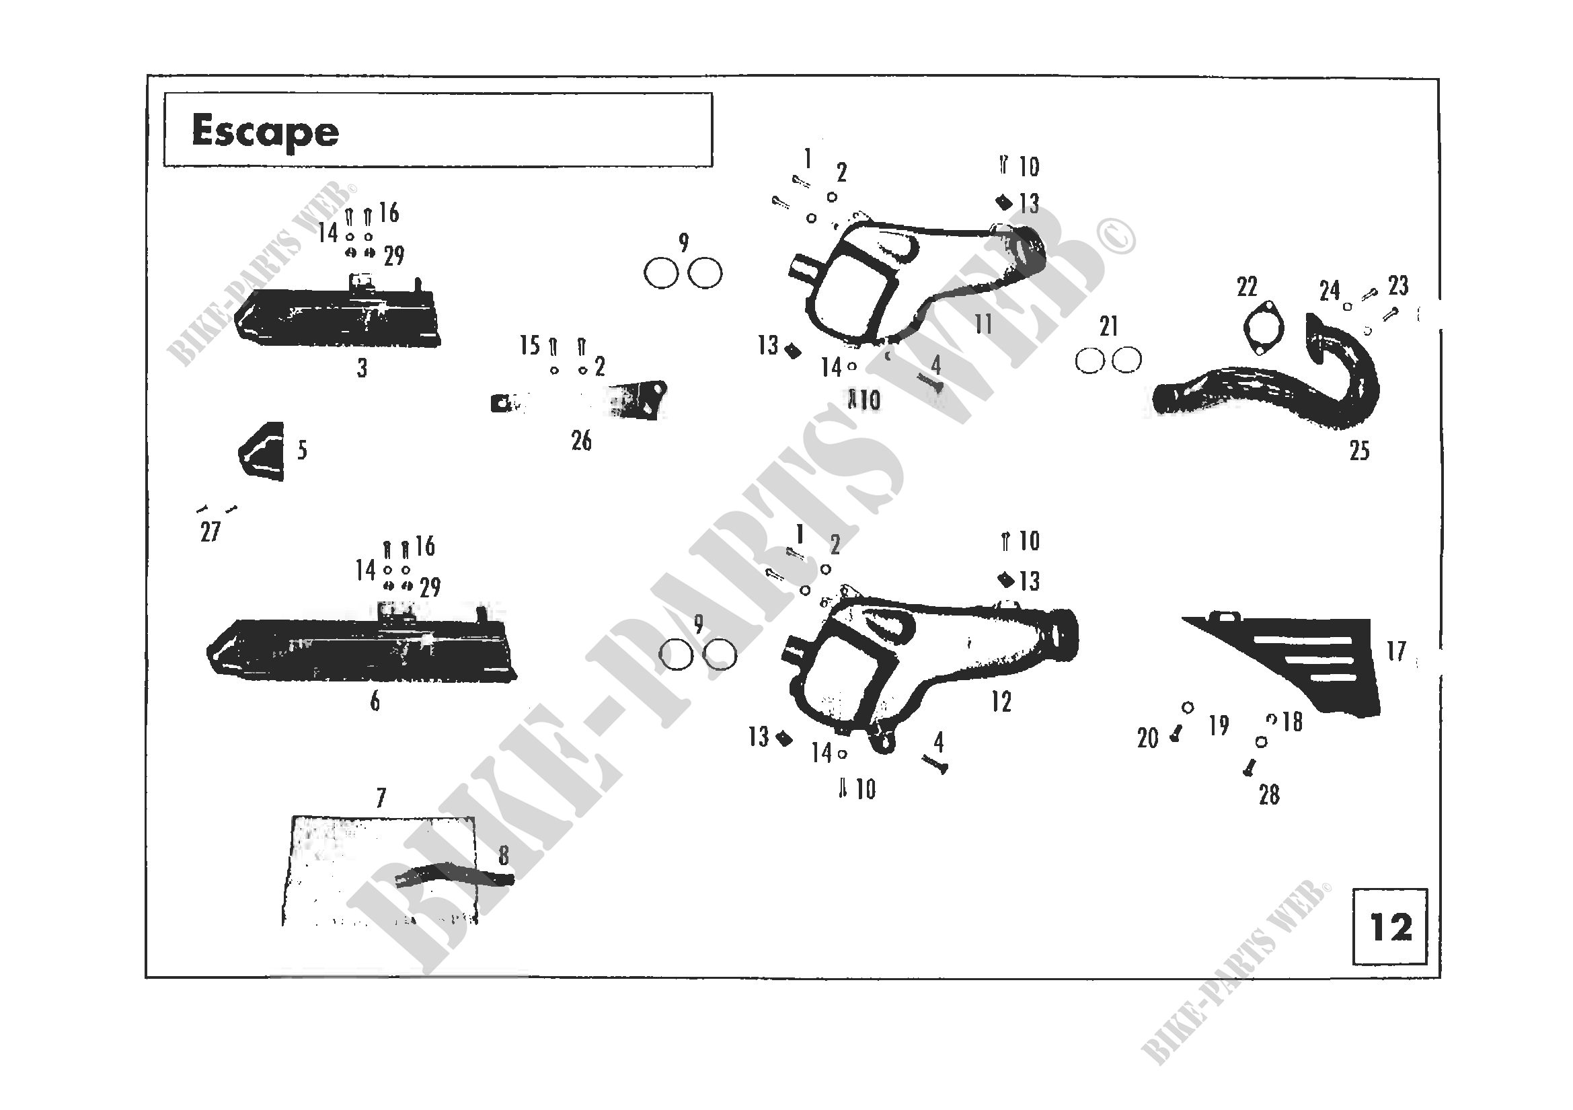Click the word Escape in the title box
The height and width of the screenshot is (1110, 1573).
click(x=265, y=132)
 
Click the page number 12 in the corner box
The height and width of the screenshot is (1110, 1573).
click(x=1390, y=928)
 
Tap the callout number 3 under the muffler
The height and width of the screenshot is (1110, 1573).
click(x=362, y=369)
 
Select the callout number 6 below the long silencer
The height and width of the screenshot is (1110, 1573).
click(x=375, y=702)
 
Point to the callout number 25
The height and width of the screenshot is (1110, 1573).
click(x=1359, y=451)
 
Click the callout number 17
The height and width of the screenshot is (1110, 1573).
click(x=1396, y=651)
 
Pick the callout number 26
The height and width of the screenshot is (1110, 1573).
click(x=581, y=441)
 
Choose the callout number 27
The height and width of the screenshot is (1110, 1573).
click(x=210, y=532)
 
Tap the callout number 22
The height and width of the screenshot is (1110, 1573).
click(x=1247, y=287)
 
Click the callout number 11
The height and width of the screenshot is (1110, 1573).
click(x=983, y=324)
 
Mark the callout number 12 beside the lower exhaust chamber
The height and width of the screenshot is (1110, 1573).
click(x=1001, y=702)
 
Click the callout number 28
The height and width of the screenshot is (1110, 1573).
click(x=1269, y=794)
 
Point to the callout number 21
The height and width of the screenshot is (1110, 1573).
click(x=1108, y=327)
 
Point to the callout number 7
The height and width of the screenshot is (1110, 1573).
click(x=381, y=798)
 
